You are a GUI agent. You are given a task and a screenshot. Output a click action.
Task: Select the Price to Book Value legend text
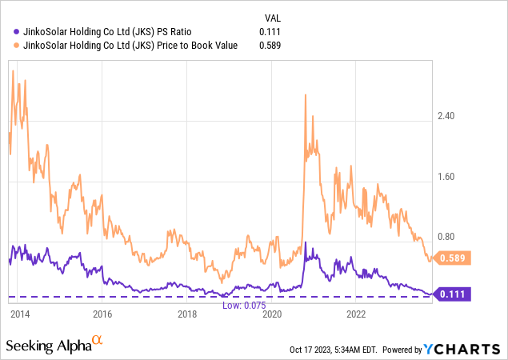126,45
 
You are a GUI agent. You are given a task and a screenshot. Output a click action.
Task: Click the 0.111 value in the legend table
270,32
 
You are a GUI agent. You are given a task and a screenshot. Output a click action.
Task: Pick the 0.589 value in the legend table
270,45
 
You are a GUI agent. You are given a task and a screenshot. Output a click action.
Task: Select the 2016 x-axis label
102,313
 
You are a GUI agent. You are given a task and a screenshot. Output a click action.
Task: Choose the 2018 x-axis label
186,313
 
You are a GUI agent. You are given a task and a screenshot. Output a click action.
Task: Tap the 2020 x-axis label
271,313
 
